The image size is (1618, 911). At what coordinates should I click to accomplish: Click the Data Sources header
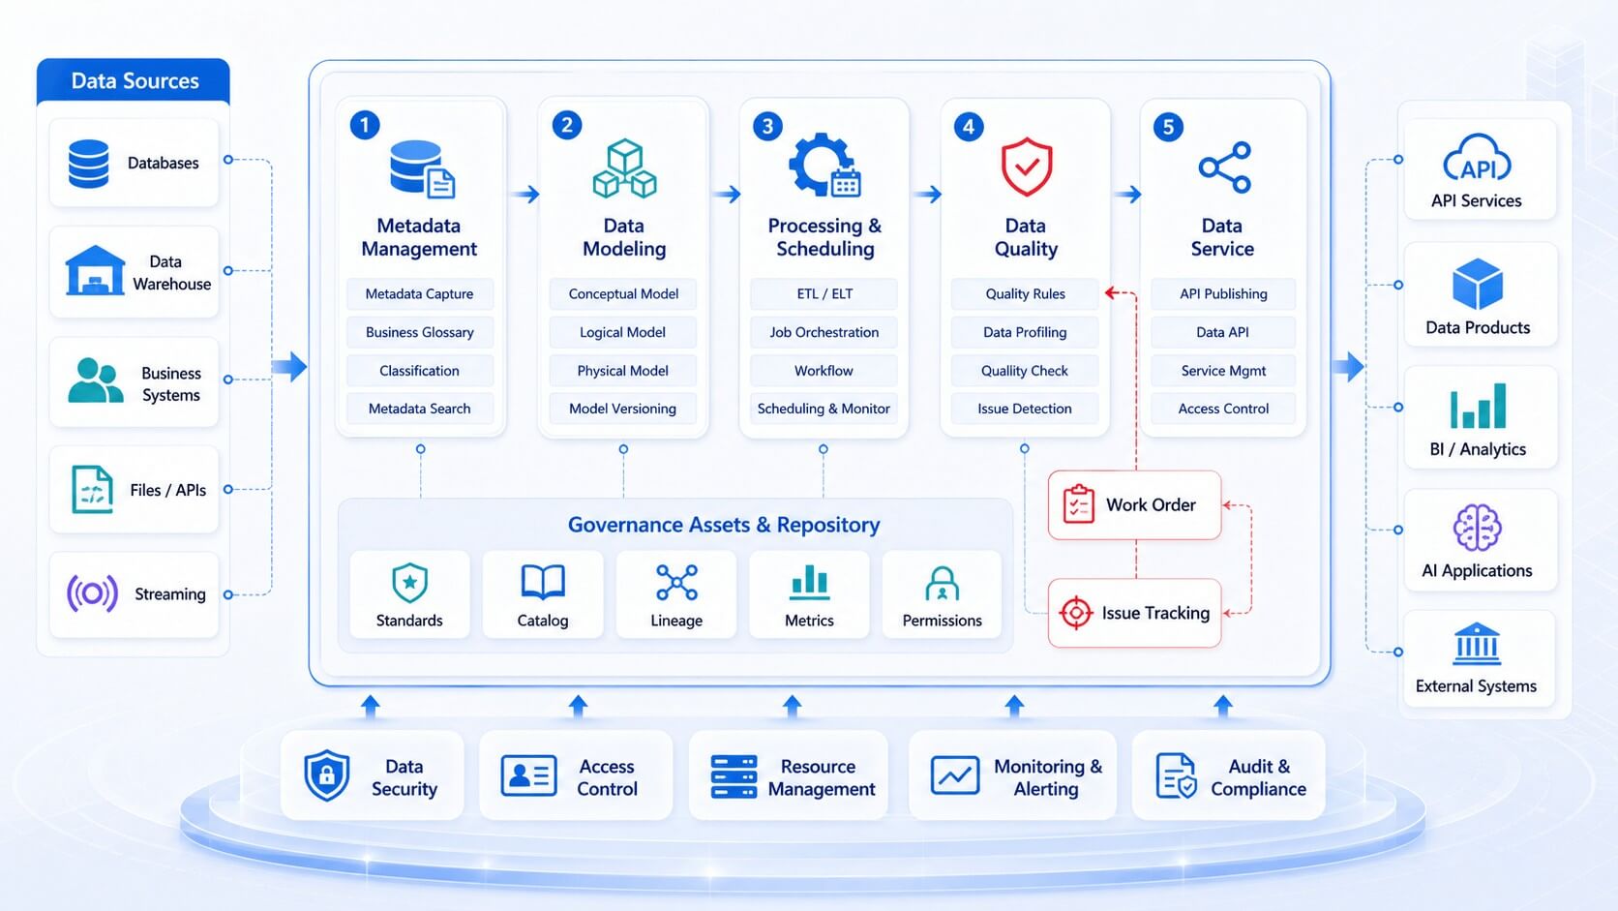(x=134, y=81)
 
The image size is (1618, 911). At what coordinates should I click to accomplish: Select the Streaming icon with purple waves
(x=93, y=593)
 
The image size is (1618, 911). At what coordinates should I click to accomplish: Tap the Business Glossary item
(x=420, y=332)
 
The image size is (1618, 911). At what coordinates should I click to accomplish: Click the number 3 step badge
(x=767, y=127)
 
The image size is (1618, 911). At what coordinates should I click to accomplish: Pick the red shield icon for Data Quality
(x=1027, y=167)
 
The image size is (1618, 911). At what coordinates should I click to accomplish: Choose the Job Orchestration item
(x=824, y=332)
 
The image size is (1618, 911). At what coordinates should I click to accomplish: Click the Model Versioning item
(x=622, y=409)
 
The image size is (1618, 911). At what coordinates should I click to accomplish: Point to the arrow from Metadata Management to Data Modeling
(x=524, y=194)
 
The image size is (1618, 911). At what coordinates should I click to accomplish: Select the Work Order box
(x=1135, y=505)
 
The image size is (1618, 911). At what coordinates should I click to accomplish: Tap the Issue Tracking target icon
(x=1076, y=613)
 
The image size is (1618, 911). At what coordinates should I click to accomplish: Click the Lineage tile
(x=676, y=594)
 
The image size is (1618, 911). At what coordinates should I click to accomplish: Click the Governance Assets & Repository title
(x=724, y=525)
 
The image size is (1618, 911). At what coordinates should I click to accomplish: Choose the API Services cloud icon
(x=1477, y=158)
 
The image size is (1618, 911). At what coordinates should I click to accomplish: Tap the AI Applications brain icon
(x=1477, y=528)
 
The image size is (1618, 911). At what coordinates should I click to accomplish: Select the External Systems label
(x=1476, y=686)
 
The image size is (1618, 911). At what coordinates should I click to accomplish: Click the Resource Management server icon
(x=734, y=776)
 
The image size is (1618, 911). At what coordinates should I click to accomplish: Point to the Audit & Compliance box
(x=1229, y=775)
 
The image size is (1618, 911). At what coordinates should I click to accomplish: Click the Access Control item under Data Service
(x=1223, y=409)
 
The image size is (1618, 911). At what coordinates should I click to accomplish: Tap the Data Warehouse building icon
(x=95, y=270)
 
